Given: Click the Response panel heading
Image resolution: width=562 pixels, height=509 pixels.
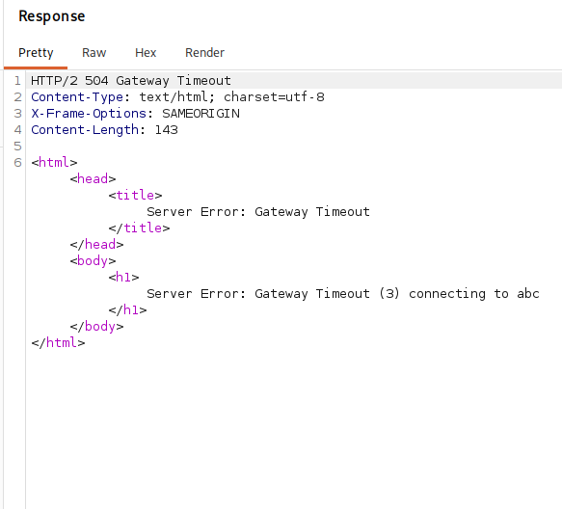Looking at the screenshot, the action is pos(52,16).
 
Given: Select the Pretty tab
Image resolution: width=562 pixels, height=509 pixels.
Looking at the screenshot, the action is pos(36,53).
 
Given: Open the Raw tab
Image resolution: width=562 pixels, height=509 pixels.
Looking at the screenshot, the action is pos(94,53).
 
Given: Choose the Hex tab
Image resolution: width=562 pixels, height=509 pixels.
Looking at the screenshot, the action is pos(146,53).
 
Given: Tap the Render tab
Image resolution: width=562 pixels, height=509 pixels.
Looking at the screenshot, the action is pos(204,53).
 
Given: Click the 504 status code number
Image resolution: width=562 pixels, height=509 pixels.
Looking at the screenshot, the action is pos(96,81).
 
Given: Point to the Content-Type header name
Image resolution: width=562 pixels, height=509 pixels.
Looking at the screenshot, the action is pos(77,97).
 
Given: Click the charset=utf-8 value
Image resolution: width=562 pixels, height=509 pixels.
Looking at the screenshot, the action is pos(274,97).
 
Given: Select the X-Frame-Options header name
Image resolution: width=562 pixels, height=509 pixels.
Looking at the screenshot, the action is pos(89,114).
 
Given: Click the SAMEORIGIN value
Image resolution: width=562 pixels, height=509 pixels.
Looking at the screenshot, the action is pos(201,114).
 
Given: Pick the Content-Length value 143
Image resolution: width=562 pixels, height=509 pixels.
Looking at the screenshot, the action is pos(167,130).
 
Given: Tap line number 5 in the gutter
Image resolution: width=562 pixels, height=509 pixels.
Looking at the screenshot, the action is pos(17,147).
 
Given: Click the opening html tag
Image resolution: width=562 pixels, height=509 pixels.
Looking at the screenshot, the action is pos(54,162).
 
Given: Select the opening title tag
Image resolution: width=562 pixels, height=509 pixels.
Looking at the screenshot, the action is pos(136,196).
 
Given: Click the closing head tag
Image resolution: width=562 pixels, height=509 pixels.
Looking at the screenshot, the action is pos(96,245).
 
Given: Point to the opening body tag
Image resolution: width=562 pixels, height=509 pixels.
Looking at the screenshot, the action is pos(93,261).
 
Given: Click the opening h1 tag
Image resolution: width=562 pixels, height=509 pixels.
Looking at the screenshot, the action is pos(123,277).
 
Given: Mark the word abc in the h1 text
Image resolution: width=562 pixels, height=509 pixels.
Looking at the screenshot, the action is pos(528,294).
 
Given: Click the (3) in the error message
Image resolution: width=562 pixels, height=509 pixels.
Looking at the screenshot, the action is pos(389,294).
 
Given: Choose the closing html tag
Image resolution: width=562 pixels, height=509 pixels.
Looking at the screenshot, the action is pos(58,342).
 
